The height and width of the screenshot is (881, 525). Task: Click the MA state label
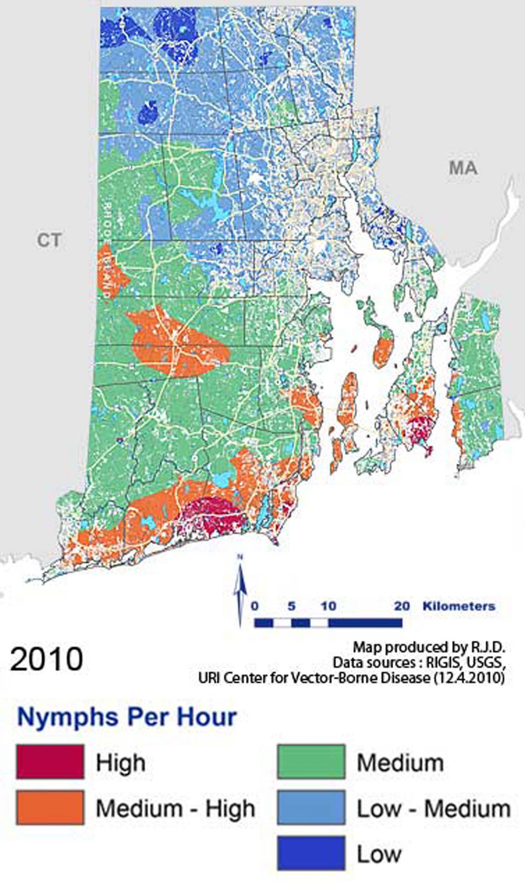tap(463, 168)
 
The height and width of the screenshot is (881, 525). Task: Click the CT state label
tap(49, 241)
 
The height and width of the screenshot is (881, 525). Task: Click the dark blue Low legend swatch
tap(311, 853)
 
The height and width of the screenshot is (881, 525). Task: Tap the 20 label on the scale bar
tap(402, 606)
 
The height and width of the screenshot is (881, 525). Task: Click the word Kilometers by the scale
tap(459, 606)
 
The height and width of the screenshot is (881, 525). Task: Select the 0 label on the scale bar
tap(255, 606)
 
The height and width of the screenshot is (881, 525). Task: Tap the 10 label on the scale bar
tap(328, 606)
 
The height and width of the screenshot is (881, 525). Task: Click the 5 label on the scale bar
tap(291, 606)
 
